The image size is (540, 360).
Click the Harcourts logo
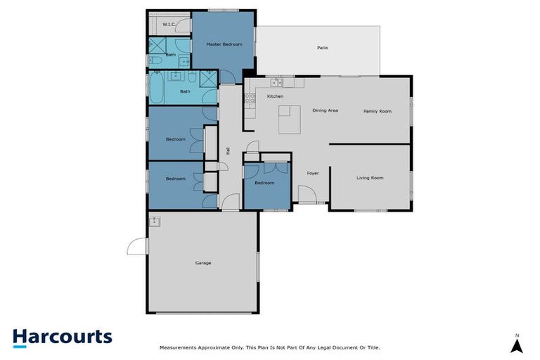(62, 337)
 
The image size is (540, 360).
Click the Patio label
(323, 48)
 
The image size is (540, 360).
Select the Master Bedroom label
(224, 44)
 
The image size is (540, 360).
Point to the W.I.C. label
(169, 25)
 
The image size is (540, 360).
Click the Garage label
(203, 263)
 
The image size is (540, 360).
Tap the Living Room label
(370, 178)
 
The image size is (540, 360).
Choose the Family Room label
(377, 111)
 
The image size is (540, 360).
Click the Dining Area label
(326, 110)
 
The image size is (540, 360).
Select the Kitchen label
(275, 96)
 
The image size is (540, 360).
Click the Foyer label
(314, 172)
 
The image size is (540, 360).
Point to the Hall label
(228, 150)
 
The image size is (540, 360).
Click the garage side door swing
(137, 246)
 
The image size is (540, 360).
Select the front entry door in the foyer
(307, 194)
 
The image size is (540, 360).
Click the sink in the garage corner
(155, 221)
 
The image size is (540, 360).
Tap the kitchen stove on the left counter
(250, 99)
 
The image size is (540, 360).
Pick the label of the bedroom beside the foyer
(264, 183)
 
